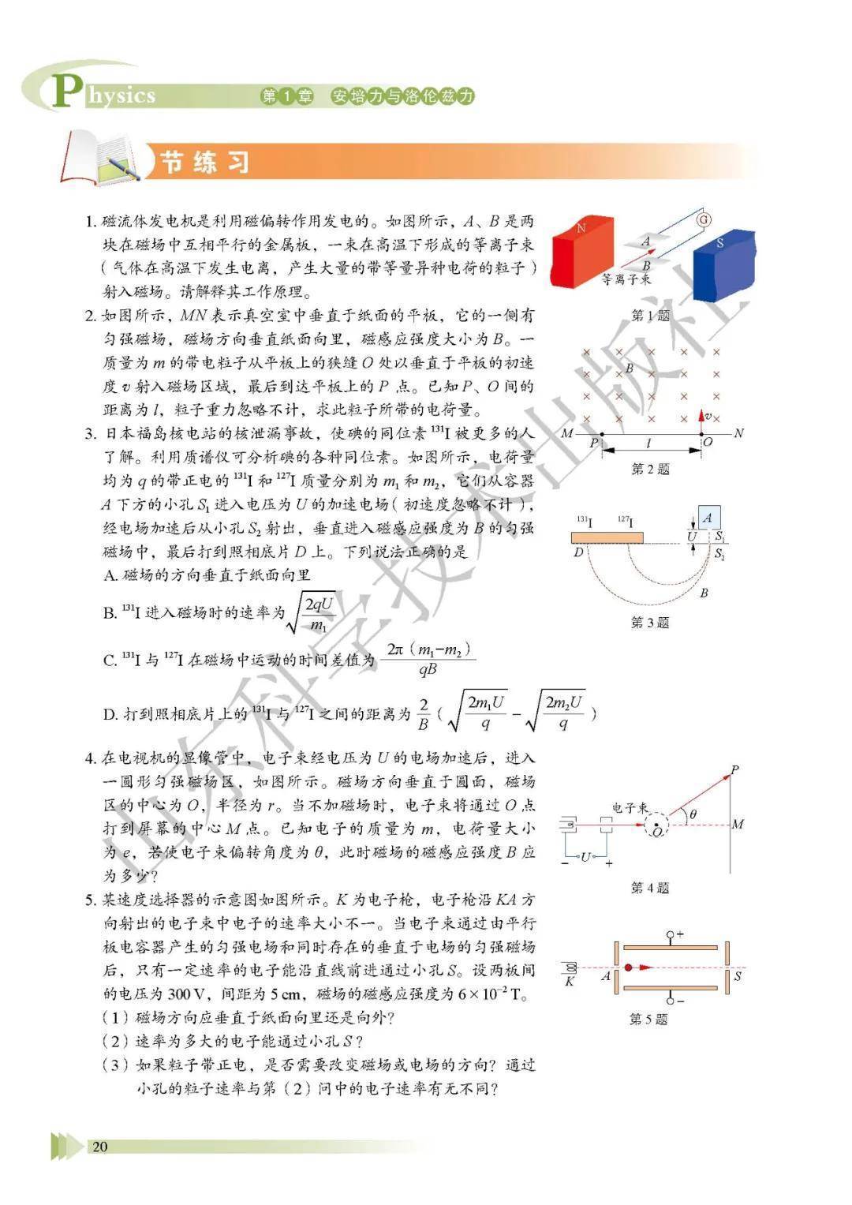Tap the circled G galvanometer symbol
704,219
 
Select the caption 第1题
650,316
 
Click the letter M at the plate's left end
566,433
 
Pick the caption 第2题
650,470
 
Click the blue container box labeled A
708,518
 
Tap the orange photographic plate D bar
606,538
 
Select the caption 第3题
650,623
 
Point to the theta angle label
693,814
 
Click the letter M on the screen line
738,825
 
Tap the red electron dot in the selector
628,967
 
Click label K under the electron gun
570,982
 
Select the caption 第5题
648,1020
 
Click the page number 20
100,1147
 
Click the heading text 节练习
205,162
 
